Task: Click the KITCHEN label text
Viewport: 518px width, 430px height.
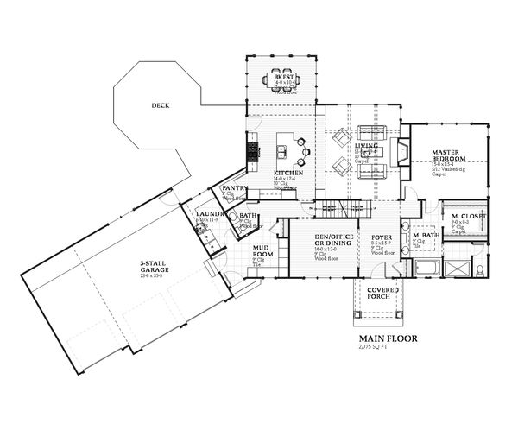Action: (287, 174)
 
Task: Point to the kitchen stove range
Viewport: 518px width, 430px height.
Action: (254, 154)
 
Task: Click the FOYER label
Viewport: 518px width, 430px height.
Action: (382, 236)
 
